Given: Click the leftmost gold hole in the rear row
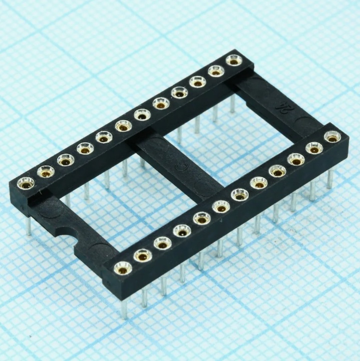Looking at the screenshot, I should (x=25, y=183).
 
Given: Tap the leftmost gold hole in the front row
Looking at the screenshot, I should (x=123, y=268).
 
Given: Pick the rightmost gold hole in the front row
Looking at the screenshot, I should (x=332, y=136).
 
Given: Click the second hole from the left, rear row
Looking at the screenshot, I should (x=46, y=172).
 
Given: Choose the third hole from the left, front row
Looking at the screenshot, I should (x=162, y=243).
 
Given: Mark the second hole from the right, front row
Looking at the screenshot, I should (x=314, y=148).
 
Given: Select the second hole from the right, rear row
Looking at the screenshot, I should (x=216, y=71).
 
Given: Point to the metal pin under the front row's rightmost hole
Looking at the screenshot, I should (x=329, y=178).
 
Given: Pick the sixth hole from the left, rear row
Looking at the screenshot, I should (x=123, y=126).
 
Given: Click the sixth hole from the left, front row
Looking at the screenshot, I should (x=221, y=206).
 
